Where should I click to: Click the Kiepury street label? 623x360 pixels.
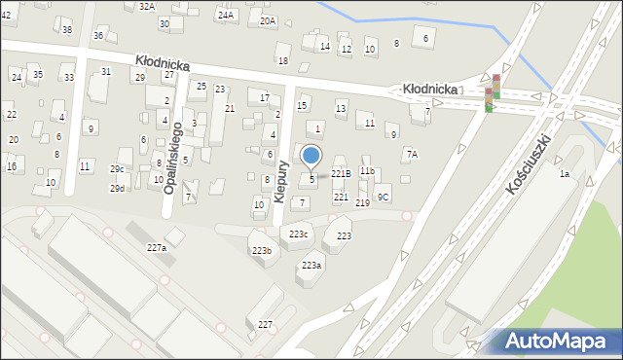point(280,181)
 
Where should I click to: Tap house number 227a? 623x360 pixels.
point(157,248)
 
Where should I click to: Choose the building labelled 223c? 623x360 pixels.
point(299,234)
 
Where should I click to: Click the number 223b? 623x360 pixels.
point(262,251)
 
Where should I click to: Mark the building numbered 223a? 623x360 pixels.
point(311,266)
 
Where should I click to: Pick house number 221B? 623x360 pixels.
point(341,173)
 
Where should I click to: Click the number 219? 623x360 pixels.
point(362,202)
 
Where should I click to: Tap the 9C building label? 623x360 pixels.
point(384,197)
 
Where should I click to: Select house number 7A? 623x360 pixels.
point(412,154)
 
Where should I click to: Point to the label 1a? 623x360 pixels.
point(564,174)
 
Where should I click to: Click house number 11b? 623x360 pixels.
point(366,171)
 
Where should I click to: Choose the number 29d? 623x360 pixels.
point(117,188)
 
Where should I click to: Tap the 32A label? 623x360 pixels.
point(146,6)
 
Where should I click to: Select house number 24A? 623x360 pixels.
point(226,16)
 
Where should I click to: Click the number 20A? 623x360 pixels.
point(268,20)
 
